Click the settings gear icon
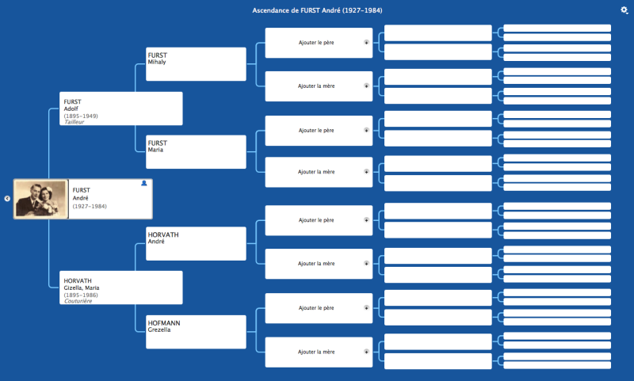click(x=624, y=10)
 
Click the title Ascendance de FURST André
click(x=317, y=10)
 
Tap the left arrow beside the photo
click(x=7, y=199)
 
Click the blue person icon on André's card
click(x=144, y=183)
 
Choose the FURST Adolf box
click(x=121, y=109)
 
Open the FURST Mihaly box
click(x=197, y=64)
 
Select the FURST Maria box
click(x=197, y=151)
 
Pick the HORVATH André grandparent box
click(x=197, y=243)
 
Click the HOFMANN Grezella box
click(x=197, y=330)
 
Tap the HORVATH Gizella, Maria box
click(x=121, y=288)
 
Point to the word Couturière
click(x=78, y=301)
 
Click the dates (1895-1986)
click(x=81, y=295)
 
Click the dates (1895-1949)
click(x=81, y=116)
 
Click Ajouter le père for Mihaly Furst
click(x=316, y=43)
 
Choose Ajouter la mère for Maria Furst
click(x=316, y=172)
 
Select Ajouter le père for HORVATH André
click(x=316, y=220)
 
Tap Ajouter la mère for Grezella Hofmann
click(x=316, y=352)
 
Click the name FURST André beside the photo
click(x=82, y=194)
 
